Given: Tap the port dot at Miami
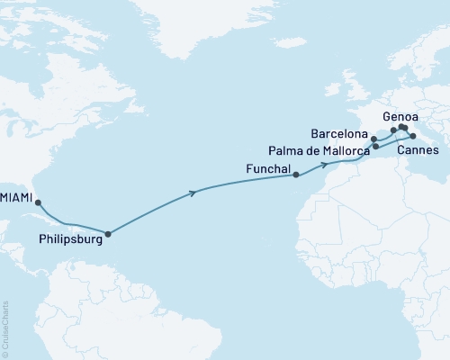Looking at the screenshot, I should (38, 203).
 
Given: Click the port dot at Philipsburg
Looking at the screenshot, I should (108, 235).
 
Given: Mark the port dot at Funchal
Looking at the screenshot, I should (296, 176).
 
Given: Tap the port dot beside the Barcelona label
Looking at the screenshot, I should (373, 139).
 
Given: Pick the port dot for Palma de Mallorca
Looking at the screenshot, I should (375, 146).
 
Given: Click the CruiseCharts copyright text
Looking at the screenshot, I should (5, 328).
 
